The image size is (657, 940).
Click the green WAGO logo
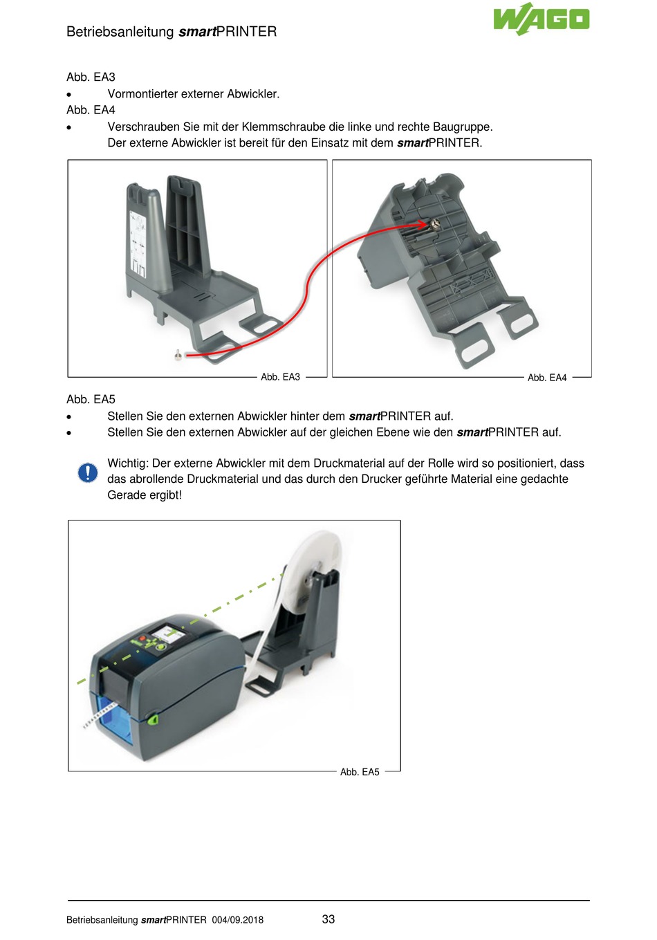pyautogui.click(x=542, y=19)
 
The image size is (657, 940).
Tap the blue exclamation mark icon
pyautogui.click(x=88, y=472)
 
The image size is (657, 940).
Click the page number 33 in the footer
pyautogui.click(x=328, y=919)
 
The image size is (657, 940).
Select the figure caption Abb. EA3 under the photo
pyautogui.click(x=280, y=377)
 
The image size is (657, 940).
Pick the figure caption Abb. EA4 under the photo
pyautogui.click(x=546, y=378)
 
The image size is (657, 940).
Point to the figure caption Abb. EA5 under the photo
pyautogui.click(x=360, y=772)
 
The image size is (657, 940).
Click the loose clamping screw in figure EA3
pyautogui.click(x=178, y=355)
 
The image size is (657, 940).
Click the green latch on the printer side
pyautogui.click(x=152, y=719)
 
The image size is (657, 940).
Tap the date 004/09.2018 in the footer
pyautogui.click(x=237, y=920)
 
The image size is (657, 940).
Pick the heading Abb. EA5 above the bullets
pyautogui.click(x=91, y=400)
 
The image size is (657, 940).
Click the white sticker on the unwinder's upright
pyautogui.click(x=138, y=243)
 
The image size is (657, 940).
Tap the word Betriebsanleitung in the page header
pyautogui.click(x=120, y=32)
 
